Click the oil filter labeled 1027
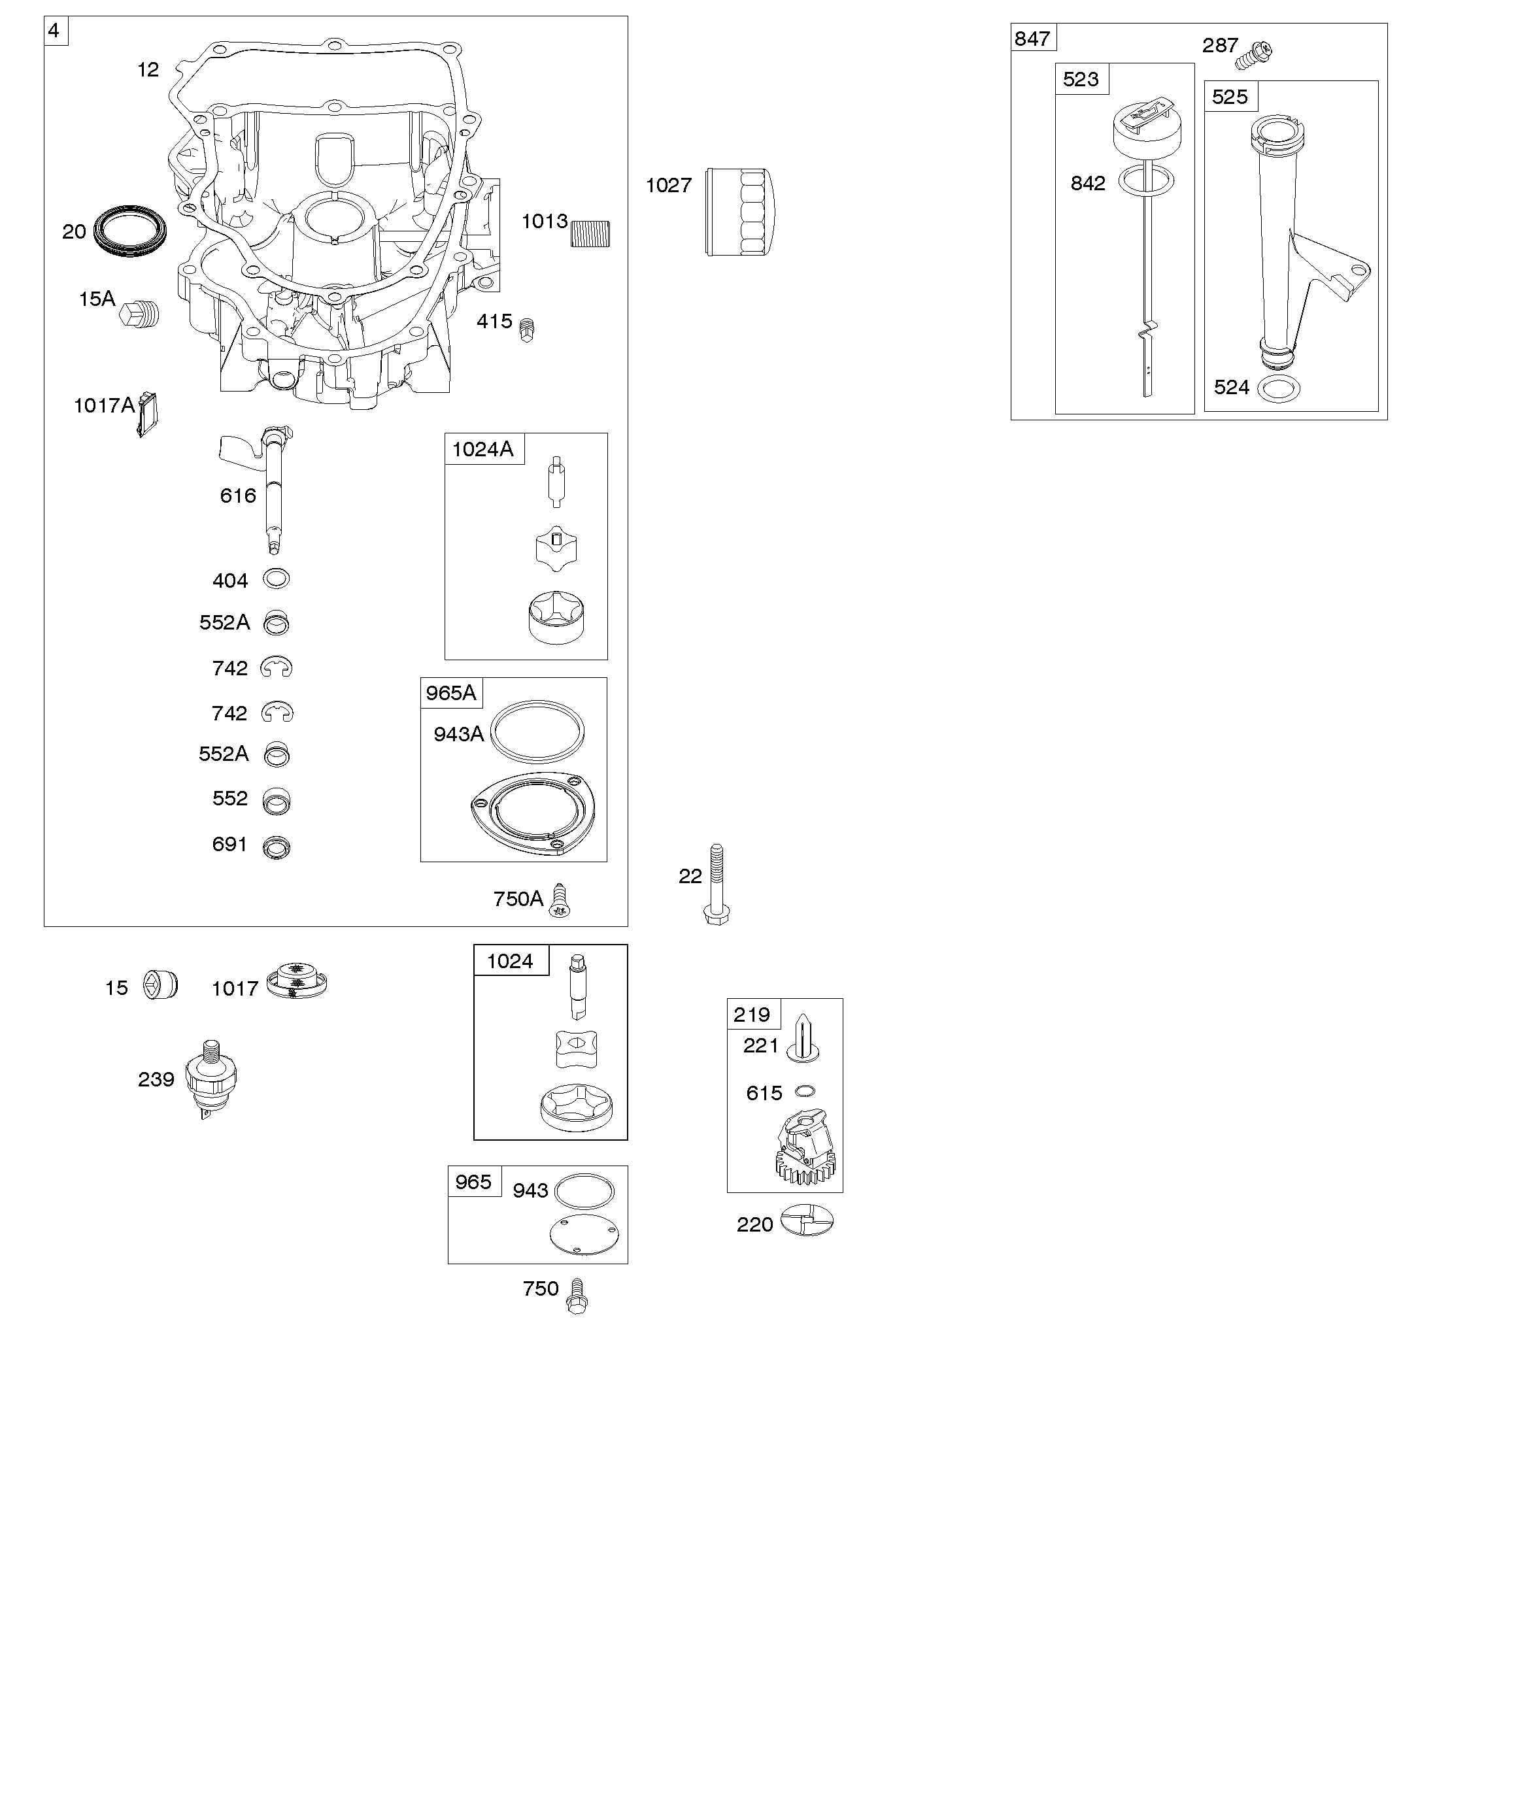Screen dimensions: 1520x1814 [x=741, y=212]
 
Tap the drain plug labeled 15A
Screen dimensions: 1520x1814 [x=140, y=314]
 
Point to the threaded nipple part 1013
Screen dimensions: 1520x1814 [x=590, y=234]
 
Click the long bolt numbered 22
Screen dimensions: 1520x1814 [x=717, y=884]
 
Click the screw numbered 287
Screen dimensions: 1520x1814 [x=1254, y=54]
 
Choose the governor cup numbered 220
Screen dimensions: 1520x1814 [x=807, y=1220]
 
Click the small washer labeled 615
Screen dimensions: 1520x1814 [x=805, y=1091]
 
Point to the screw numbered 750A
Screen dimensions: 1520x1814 [x=561, y=899]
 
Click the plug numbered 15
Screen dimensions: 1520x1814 [x=161, y=984]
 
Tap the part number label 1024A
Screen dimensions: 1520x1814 [x=483, y=448]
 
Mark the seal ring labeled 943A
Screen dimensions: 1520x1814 [x=537, y=731]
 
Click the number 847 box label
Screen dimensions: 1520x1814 [x=1033, y=38]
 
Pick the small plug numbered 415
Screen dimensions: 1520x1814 [x=526, y=329]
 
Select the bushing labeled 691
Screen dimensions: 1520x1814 [x=277, y=847]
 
